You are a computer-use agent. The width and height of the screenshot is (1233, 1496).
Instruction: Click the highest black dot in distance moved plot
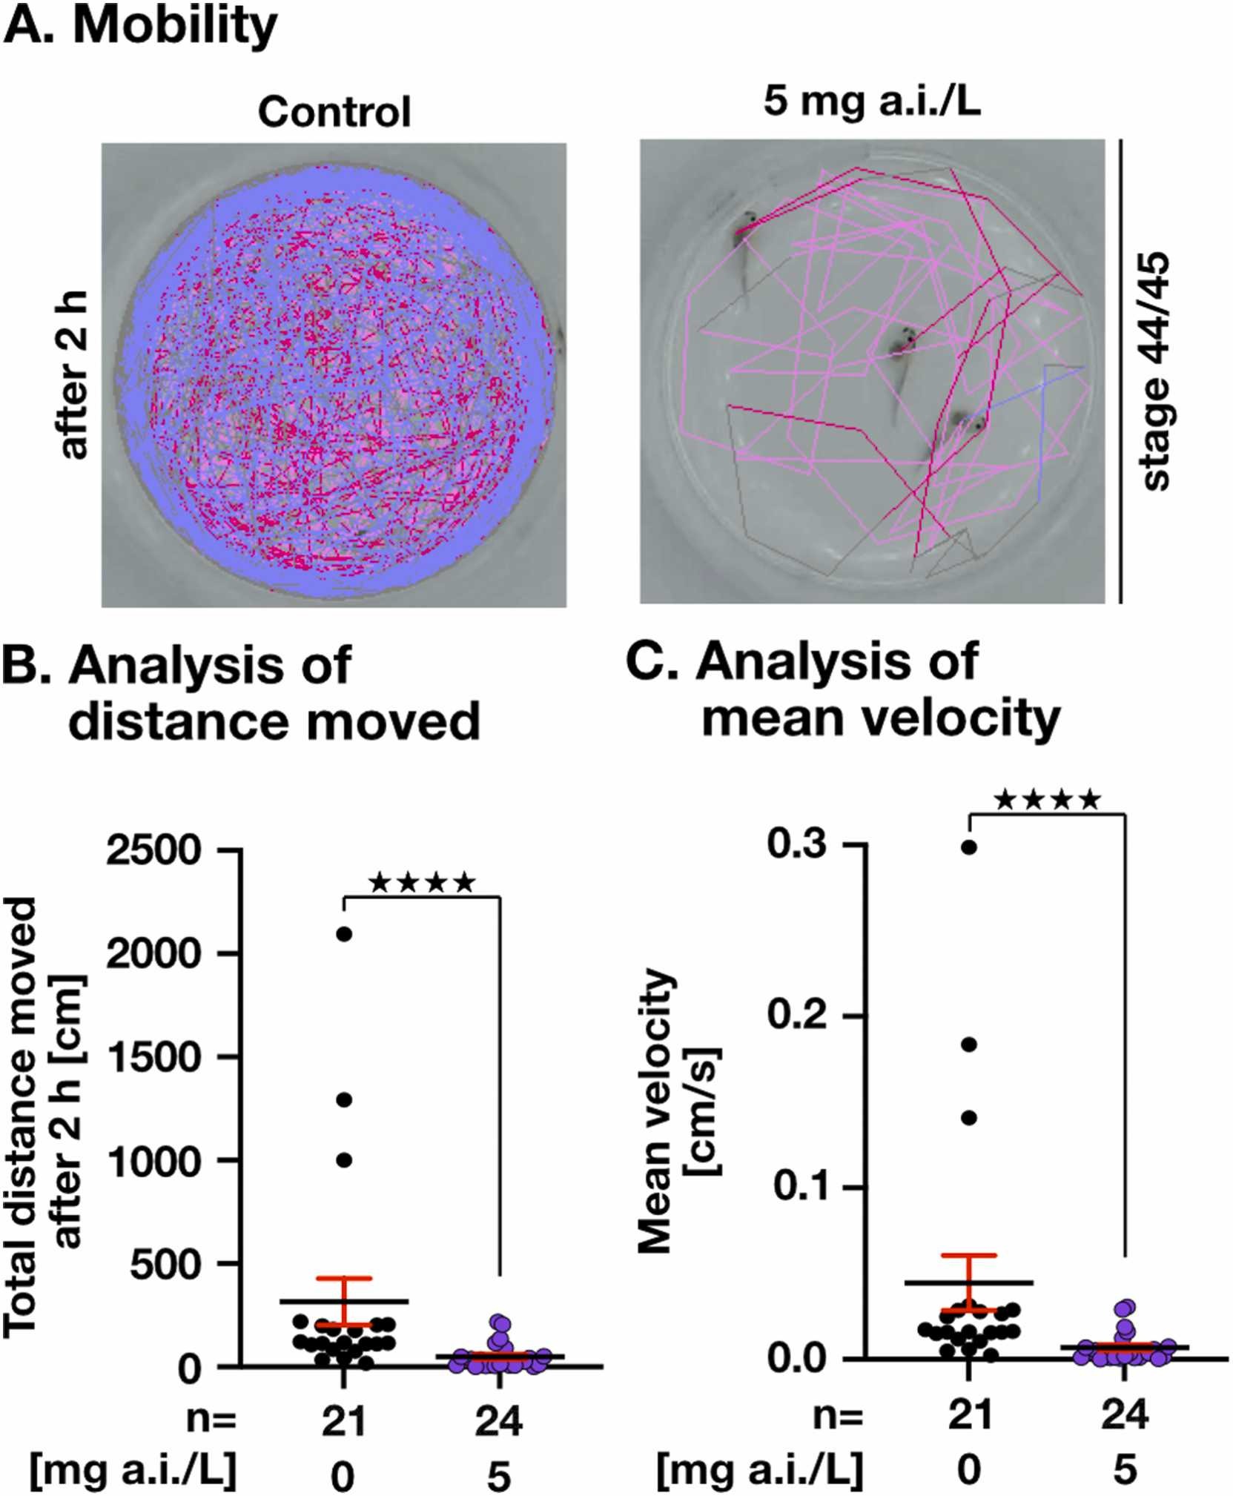(344, 934)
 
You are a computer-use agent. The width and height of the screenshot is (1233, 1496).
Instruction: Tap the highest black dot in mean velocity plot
(969, 847)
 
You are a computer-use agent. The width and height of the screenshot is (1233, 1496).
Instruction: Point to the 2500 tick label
(153, 850)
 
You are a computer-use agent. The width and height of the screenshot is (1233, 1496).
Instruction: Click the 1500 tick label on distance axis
(153, 1057)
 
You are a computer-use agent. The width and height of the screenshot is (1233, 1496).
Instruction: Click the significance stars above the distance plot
(421, 883)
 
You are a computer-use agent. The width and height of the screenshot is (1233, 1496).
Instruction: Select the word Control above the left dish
(334, 113)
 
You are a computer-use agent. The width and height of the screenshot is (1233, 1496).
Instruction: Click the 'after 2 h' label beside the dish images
(74, 374)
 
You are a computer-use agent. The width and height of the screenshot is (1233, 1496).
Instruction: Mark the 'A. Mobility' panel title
(141, 26)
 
